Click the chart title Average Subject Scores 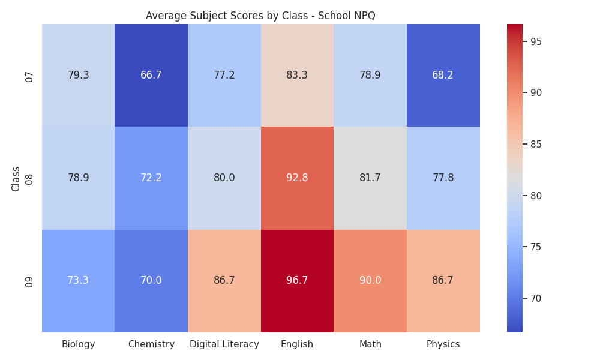(x=260, y=16)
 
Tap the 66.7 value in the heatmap (x=151, y=75)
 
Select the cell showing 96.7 (x=297, y=281)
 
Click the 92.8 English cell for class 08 (x=297, y=178)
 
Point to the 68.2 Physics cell (x=443, y=75)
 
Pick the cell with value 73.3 (x=78, y=281)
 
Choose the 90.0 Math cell (x=370, y=281)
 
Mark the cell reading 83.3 (x=297, y=75)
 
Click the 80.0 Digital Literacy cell (x=224, y=178)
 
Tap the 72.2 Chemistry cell (x=151, y=178)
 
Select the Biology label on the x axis (x=78, y=344)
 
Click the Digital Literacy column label (x=224, y=344)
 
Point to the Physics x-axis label (x=443, y=344)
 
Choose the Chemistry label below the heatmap (x=151, y=344)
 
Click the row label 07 (x=29, y=77)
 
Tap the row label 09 (x=29, y=283)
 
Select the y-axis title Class (x=16, y=179)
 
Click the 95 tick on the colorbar (x=536, y=42)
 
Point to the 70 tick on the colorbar (x=536, y=298)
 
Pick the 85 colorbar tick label (x=536, y=144)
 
